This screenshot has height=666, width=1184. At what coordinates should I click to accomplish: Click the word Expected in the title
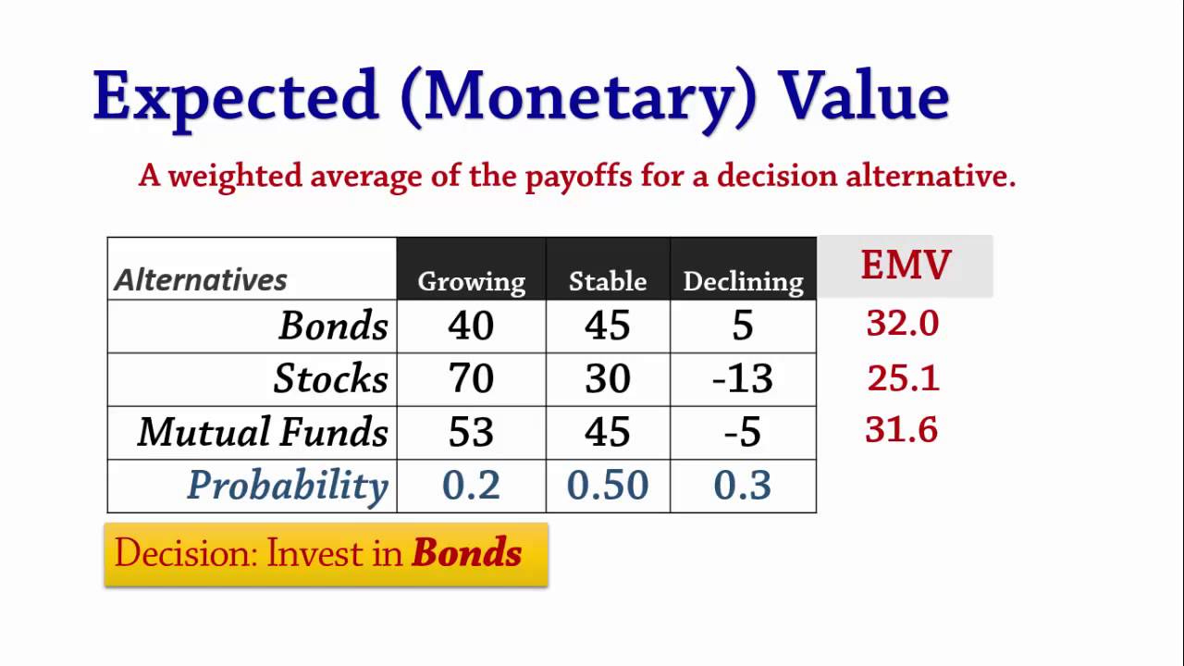(x=236, y=96)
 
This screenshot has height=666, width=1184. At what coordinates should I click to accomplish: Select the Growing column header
(x=471, y=281)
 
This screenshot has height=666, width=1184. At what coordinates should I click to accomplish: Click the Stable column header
(x=608, y=281)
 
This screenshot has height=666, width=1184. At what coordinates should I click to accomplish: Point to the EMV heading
(x=905, y=265)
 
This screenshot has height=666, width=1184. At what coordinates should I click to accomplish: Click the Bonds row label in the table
(x=333, y=326)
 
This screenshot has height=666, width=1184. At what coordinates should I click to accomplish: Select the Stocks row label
(x=330, y=378)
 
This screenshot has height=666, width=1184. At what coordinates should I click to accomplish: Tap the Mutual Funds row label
(x=263, y=432)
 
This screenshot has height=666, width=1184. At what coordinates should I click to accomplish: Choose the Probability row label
(x=287, y=486)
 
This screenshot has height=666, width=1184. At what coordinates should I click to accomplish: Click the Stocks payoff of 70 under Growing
(x=471, y=378)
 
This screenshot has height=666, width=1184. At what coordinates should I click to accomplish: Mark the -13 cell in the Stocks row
(x=743, y=378)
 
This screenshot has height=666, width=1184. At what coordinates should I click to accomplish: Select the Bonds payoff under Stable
(x=608, y=326)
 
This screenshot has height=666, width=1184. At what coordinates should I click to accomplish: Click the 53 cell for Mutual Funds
(x=471, y=432)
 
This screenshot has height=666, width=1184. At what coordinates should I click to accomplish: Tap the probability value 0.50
(x=608, y=486)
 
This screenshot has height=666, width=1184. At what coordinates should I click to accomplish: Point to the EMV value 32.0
(x=903, y=324)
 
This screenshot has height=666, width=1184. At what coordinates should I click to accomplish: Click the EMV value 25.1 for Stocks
(x=903, y=377)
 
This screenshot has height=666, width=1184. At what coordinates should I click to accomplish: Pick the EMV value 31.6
(x=902, y=430)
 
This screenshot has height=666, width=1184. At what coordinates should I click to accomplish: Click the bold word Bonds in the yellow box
(x=466, y=553)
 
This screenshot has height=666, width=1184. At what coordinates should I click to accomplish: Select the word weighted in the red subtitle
(x=235, y=176)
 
